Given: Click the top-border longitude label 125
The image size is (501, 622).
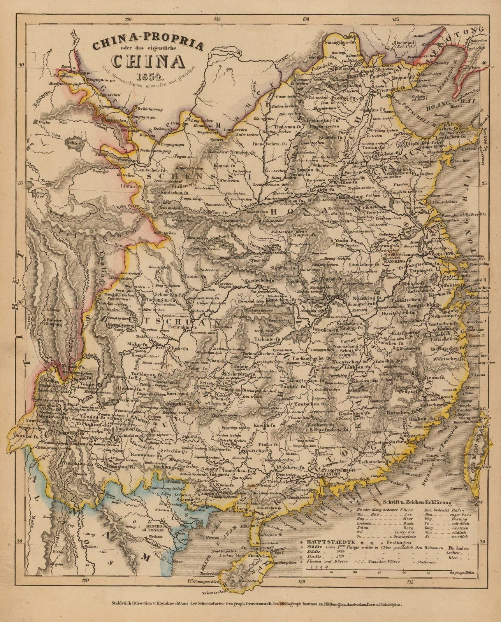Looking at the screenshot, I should tap(217, 18).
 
